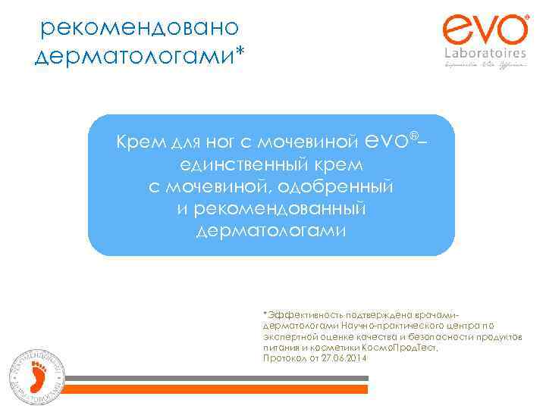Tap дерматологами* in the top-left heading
point(141,56)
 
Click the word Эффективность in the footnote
point(295,314)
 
